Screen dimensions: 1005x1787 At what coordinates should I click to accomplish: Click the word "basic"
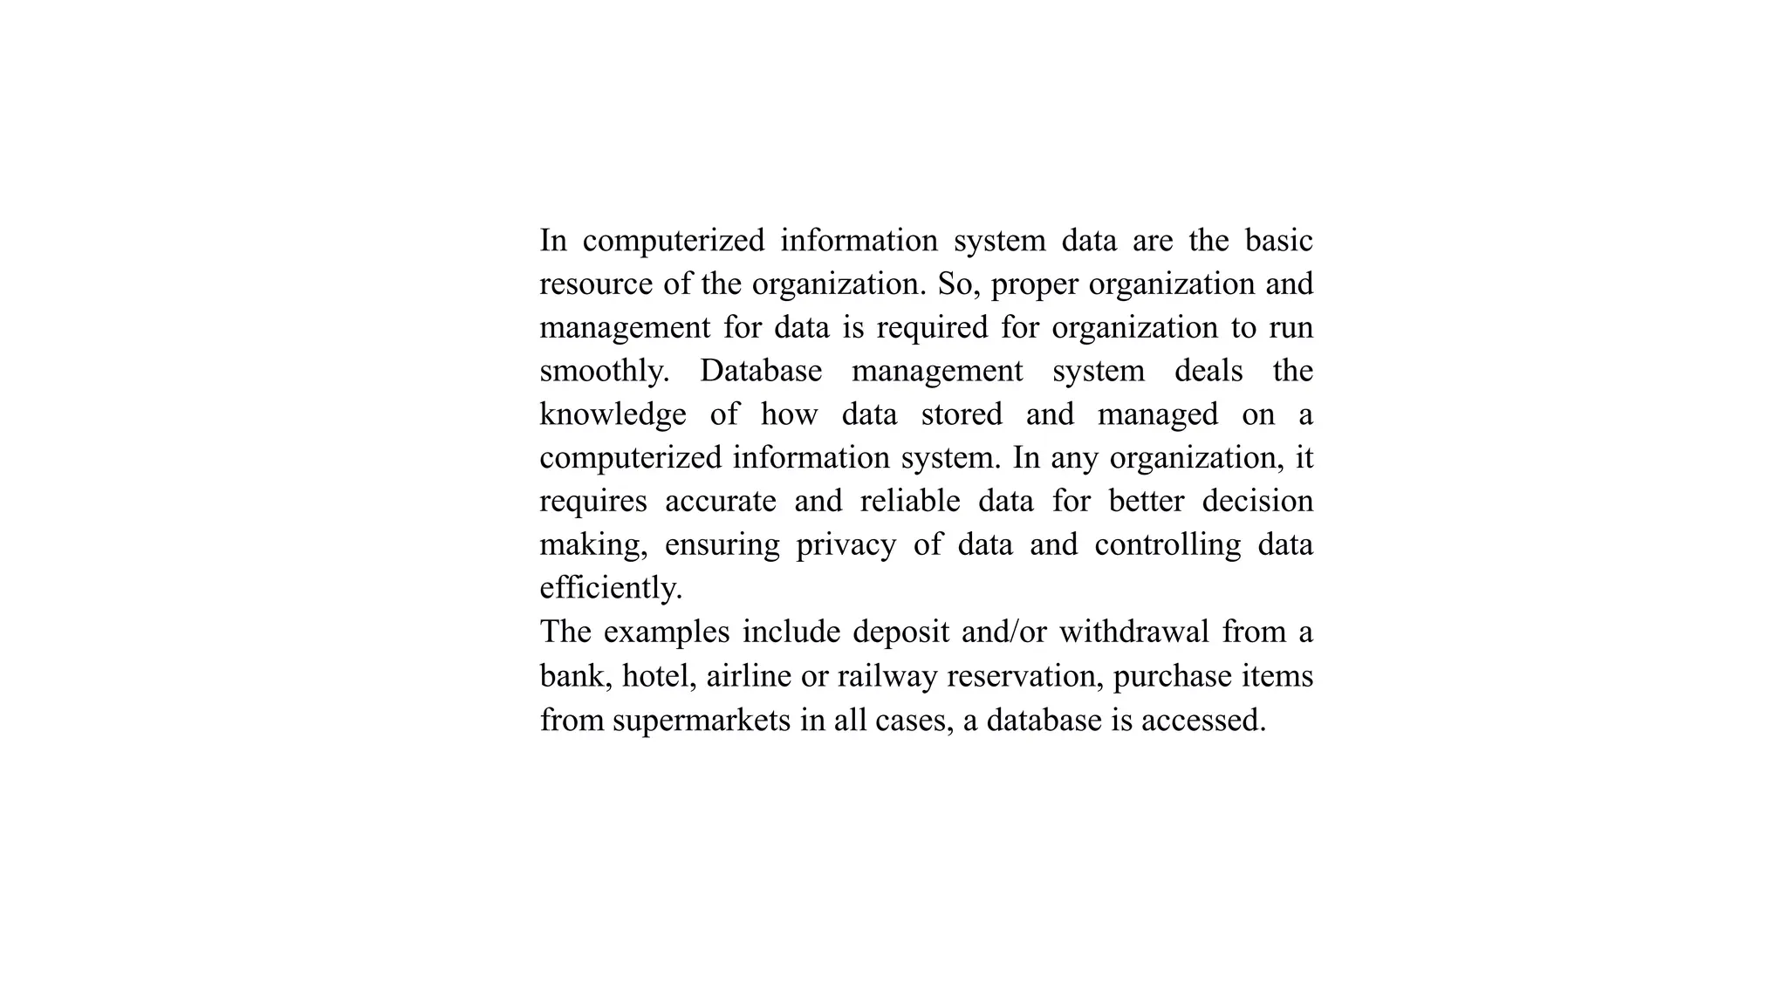coord(1278,240)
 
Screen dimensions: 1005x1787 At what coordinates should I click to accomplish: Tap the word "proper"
coord(1035,284)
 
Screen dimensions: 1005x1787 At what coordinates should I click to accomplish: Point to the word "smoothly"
coord(602,371)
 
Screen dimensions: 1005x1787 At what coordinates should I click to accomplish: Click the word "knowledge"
coord(613,414)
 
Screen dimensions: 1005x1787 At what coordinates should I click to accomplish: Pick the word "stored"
coord(962,414)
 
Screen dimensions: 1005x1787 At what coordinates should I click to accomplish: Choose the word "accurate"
coord(720,502)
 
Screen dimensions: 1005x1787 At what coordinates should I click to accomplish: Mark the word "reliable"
coord(910,502)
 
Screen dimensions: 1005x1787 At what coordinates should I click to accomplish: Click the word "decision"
coord(1257,502)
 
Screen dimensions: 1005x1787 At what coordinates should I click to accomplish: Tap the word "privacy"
coord(846,545)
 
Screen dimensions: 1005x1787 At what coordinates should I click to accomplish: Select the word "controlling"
coord(1167,545)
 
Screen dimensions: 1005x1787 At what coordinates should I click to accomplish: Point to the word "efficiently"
coord(609,588)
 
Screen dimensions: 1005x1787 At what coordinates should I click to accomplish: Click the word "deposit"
coord(900,632)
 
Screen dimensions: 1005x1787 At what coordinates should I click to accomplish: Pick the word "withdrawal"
coord(1133,632)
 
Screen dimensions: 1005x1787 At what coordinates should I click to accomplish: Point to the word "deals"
coord(1208,371)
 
